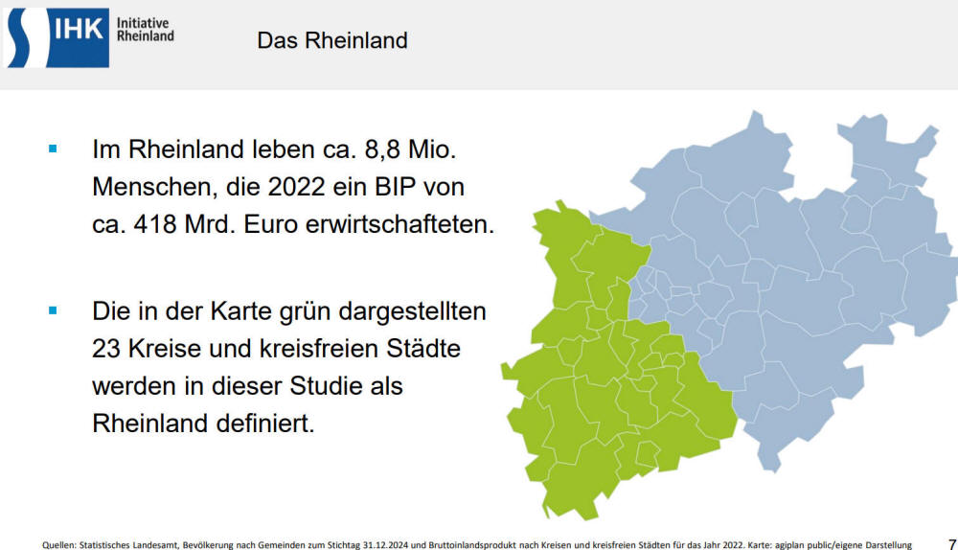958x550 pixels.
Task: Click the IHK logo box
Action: [x=57, y=38]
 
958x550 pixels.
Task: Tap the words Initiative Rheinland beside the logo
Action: [x=146, y=30]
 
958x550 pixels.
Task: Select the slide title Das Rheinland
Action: [x=332, y=40]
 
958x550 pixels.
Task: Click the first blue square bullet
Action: [x=53, y=149]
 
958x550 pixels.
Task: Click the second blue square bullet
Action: [x=53, y=310]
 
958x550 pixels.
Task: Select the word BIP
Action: [x=396, y=187]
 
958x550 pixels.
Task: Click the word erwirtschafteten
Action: [x=399, y=224]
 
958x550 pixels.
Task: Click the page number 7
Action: [x=952, y=544]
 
